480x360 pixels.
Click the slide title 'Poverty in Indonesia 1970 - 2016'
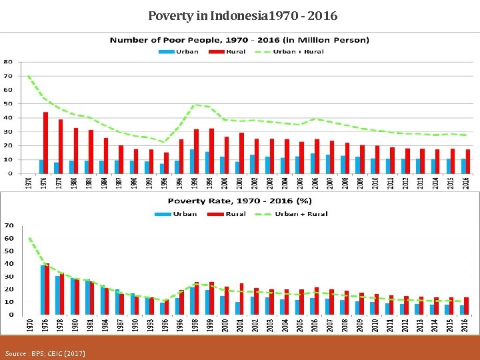(x=242, y=15)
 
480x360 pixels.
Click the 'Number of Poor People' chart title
(x=239, y=40)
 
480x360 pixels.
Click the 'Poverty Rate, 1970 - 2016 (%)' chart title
(x=239, y=201)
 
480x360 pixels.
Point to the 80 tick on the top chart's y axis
(x=8, y=61)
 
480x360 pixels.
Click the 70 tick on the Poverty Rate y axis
(x=9, y=225)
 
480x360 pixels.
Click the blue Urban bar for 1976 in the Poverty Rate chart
(x=43, y=290)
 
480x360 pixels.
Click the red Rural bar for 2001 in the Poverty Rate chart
(x=241, y=299)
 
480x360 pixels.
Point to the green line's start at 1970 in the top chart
(x=29, y=76)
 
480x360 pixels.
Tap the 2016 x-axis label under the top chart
(x=464, y=182)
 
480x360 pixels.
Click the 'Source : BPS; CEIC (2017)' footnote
(x=45, y=352)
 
